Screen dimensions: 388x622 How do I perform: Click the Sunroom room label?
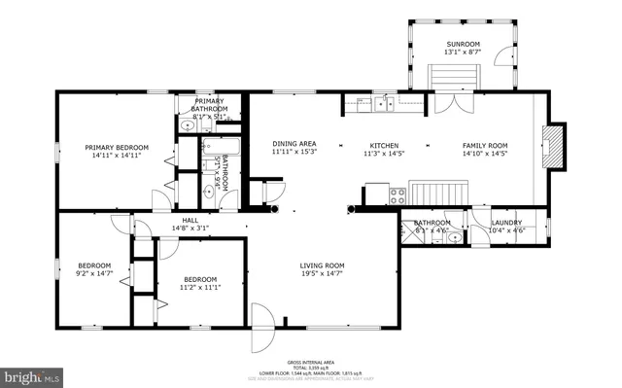(x=463, y=45)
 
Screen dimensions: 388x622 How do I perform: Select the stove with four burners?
(x=398, y=195)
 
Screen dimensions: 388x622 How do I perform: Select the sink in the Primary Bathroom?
(x=187, y=125)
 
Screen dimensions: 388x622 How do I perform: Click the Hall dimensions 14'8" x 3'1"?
(x=190, y=228)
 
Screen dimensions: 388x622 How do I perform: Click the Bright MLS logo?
(x=33, y=375)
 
